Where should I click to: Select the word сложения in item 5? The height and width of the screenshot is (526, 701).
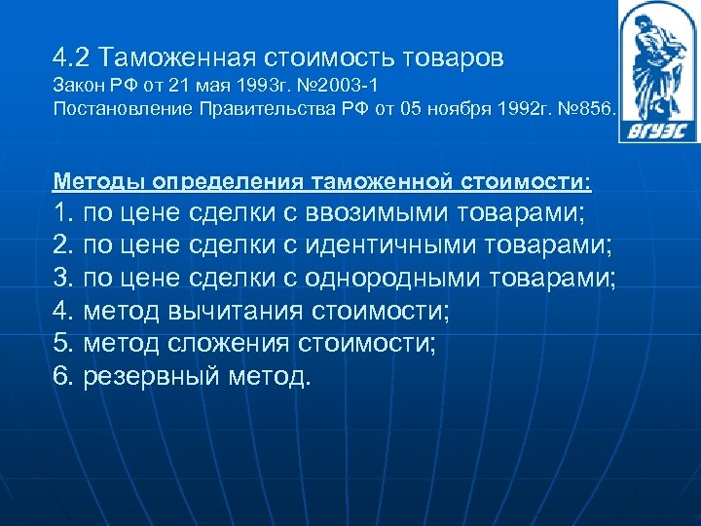click(x=243, y=344)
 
